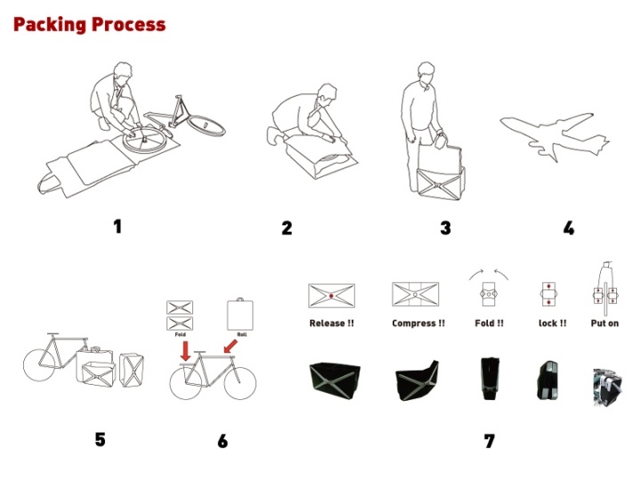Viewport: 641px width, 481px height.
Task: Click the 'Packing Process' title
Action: [89, 25]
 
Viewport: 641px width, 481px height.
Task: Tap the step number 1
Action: [117, 226]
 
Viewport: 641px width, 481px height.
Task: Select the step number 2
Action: [287, 228]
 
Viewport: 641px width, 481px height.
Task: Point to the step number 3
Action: [445, 228]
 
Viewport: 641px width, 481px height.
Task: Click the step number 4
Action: [568, 228]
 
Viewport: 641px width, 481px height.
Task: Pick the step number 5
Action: [100, 439]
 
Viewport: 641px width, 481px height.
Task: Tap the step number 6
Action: [223, 441]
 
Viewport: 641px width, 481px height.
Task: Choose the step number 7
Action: [489, 441]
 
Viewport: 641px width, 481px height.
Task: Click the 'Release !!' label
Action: [331, 323]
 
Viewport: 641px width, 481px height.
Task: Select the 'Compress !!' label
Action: [418, 323]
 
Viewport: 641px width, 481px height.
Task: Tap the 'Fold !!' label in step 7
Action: [490, 323]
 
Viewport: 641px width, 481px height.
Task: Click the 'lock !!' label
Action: [552, 323]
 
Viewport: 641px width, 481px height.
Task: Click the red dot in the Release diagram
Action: [331, 294]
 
